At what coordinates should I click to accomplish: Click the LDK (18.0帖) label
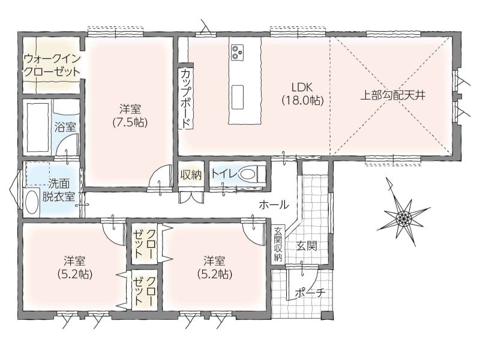(302, 94)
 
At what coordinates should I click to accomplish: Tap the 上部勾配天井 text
(394, 95)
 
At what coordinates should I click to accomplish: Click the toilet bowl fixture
(248, 175)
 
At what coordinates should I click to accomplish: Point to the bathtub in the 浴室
(38, 127)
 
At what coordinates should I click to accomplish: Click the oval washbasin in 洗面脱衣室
(32, 202)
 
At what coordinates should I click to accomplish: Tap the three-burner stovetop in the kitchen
(237, 52)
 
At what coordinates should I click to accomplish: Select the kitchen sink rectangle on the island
(237, 97)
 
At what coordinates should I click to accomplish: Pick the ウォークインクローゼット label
(52, 65)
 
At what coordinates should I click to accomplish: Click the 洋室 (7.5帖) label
(130, 115)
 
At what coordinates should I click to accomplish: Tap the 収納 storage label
(190, 175)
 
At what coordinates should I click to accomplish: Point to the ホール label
(274, 205)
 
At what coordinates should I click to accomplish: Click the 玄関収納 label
(278, 244)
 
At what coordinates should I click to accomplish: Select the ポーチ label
(310, 293)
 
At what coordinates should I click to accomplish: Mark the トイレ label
(224, 174)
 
